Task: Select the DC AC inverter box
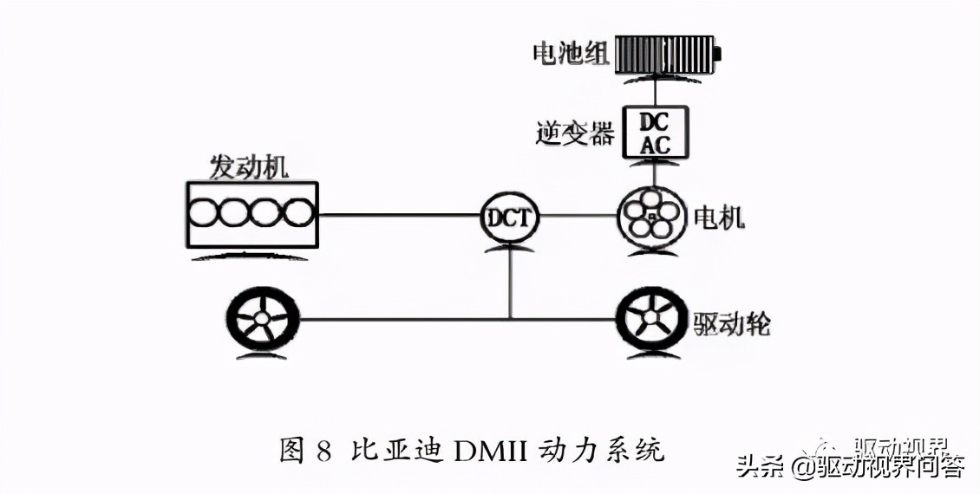pyautogui.click(x=656, y=133)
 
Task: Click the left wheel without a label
pyautogui.click(x=261, y=319)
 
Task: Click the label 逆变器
pyautogui.click(x=576, y=133)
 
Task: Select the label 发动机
pyautogui.click(x=249, y=166)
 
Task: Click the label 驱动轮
pyautogui.click(x=733, y=324)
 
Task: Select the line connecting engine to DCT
pyautogui.click(x=399, y=215)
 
